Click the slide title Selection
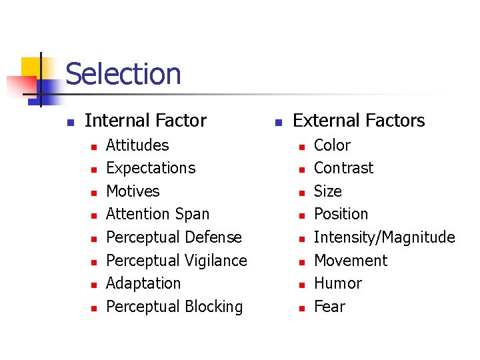tap(123, 74)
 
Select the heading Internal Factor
tap(145, 121)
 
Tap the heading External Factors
tap(359, 121)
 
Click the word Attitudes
tap(137, 145)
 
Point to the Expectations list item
tap(151, 168)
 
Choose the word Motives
tap(133, 191)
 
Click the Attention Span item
tap(157, 214)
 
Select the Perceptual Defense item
tap(174, 237)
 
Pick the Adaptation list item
tap(143, 283)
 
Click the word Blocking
tap(215, 307)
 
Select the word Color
tap(332, 145)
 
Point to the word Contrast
tap(343, 168)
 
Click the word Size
tap(327, 191)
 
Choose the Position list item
tap(341, 214)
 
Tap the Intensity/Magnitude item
tap(384, 237)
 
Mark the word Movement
tap(350, 261)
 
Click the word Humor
tap(337, 283)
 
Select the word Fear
tap(329, 307)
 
